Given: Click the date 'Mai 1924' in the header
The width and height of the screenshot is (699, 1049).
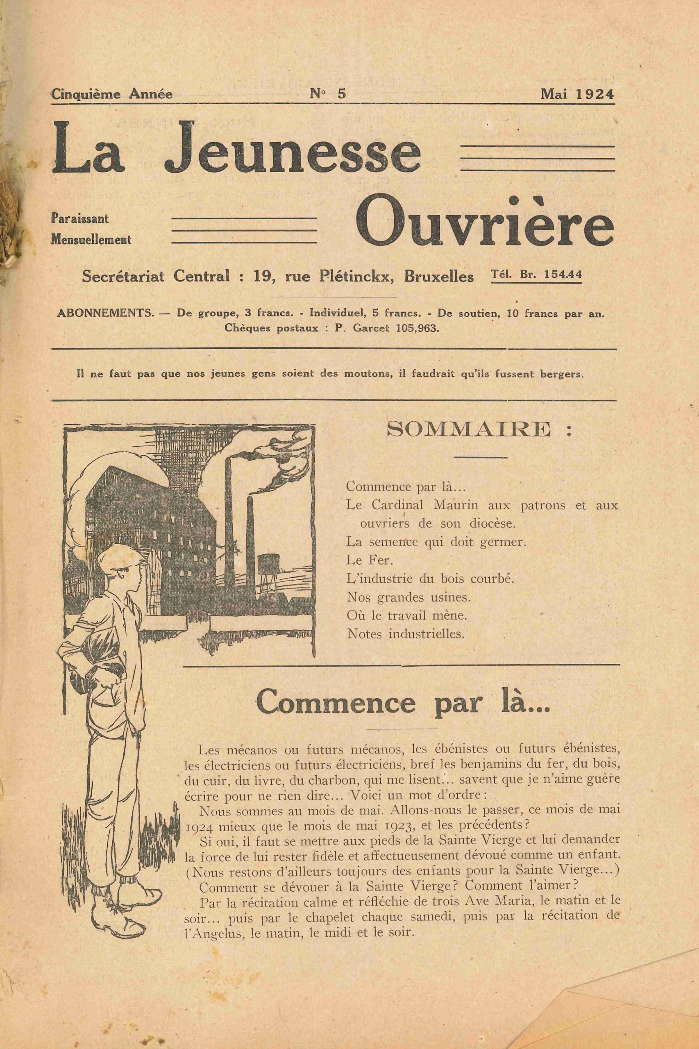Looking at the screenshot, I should click(x=577, y=94).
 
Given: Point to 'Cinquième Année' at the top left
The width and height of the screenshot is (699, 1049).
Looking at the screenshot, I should click(x=112, y=94).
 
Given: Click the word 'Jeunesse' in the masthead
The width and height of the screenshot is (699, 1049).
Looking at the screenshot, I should click(x=293, y=149).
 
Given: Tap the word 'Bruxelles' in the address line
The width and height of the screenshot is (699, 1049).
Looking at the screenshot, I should click(x=439, y=277).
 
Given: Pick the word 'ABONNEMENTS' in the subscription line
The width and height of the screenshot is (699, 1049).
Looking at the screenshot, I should click(x=105, y=313).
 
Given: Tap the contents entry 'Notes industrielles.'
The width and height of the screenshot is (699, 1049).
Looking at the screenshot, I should click(x=406, y=634).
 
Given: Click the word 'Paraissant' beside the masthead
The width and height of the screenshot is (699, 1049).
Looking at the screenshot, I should click(x=80, y=219).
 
